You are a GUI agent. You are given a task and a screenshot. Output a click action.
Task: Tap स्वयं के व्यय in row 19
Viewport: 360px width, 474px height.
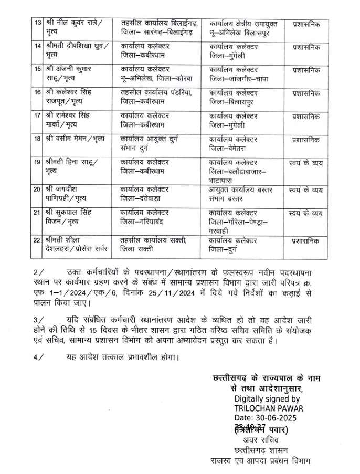point(306,163)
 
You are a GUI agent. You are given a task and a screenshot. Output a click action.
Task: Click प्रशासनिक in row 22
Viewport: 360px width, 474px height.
point(306,241)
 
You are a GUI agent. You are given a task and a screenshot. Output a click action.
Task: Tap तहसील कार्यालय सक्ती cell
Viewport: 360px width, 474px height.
point(153,246)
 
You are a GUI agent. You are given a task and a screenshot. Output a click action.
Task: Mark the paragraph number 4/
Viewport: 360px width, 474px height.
point(38,359)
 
